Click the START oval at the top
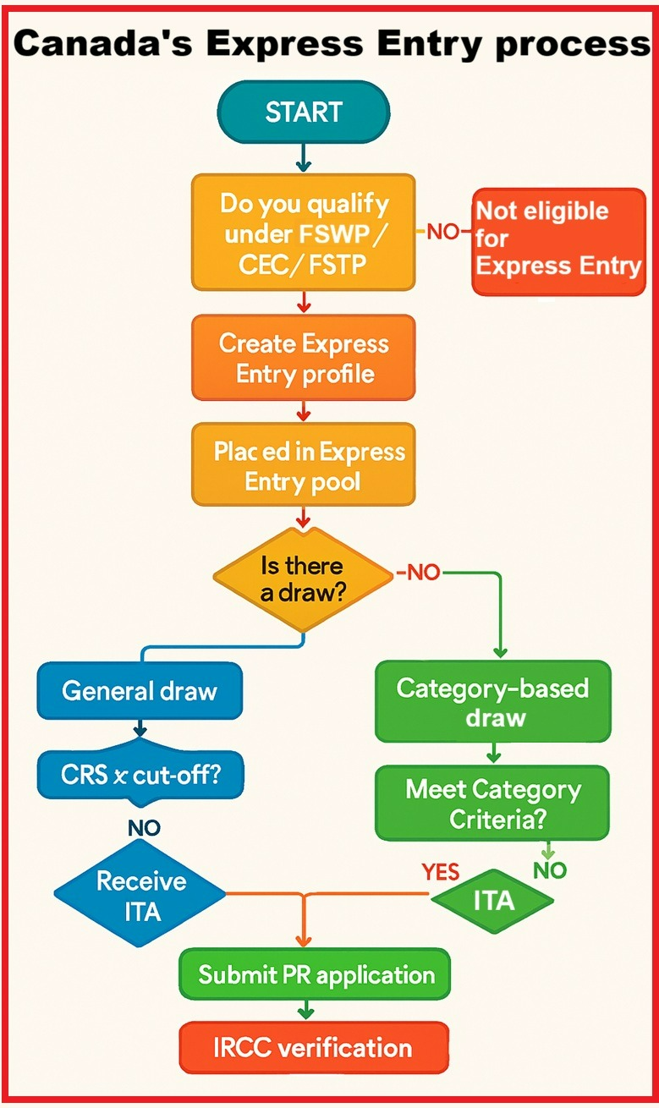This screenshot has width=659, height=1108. pos(304,112)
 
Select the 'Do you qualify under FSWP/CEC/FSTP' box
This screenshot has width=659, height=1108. pos(304,233)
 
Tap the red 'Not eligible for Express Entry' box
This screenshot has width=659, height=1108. pos(558,241)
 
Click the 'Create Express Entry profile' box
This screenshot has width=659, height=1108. pos(304,358)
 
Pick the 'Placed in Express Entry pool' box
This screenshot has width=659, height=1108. pos(304,466)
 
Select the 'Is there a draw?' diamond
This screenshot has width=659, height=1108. pos(302,579)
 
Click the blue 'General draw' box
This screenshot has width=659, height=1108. pos(140,691)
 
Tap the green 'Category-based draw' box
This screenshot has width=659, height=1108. pos(492,702)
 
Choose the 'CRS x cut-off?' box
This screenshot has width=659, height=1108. pos(140,774)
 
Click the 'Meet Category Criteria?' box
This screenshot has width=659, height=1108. pos(492,803)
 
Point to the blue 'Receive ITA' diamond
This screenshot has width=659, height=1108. pos(140,895)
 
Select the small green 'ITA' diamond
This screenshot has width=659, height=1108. pos(493,901)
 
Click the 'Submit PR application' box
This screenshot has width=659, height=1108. pos(316,974)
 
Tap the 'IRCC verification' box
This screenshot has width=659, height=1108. pos(313,1048)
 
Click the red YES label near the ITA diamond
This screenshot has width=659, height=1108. pos(440,872)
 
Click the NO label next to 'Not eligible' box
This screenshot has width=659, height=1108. pos(442,231)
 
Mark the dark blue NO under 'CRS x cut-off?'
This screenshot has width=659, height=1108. pos(144,827)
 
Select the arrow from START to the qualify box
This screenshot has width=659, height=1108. pos(304,156)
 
